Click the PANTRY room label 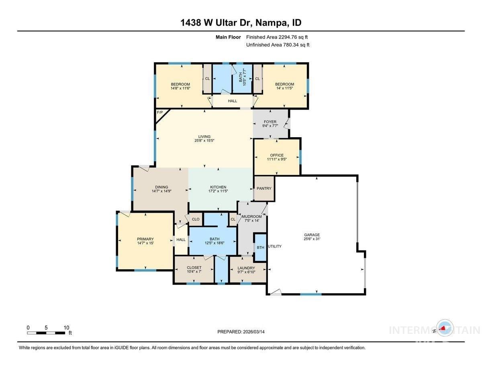coord(264,188)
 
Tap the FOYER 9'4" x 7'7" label coord(270,124)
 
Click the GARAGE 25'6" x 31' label coord(312,237)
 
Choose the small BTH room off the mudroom coord(261,248)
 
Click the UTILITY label coord(275,246)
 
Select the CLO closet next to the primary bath coord(196,220)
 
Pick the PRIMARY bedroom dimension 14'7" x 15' coord(145,243)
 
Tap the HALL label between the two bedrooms coord(233,101)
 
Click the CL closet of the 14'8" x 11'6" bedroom coord(207,79)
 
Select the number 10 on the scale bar coord(66,327)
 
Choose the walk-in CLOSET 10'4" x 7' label coord(194,270)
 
